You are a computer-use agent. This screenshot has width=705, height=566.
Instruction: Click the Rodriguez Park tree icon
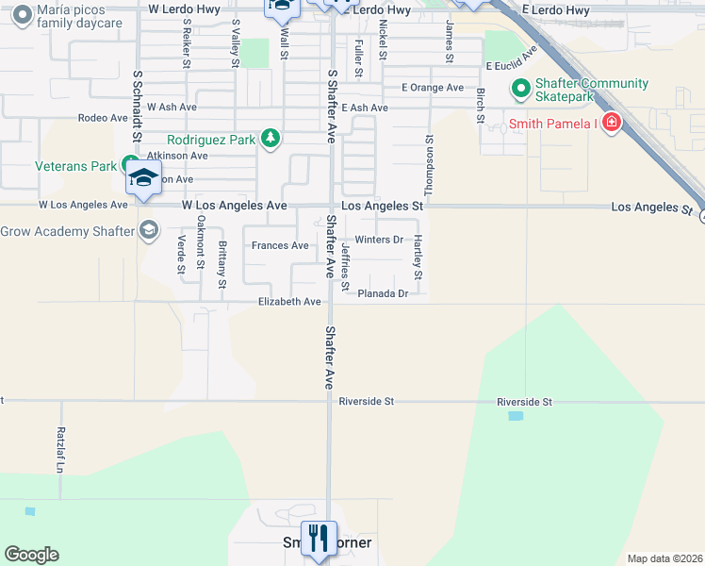pyautogui.click(x=271, y=140)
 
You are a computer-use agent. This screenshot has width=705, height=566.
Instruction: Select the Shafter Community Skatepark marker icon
pyautogui.click(x=519, y=91)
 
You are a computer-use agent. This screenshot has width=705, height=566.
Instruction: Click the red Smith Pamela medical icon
pyautogui.click(x=612, y=123)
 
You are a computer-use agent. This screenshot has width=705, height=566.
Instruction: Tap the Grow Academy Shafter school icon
pyautogui.click(x=148, y=231)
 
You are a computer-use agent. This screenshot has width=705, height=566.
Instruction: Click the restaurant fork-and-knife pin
pyautogui.click(x=319, y=539)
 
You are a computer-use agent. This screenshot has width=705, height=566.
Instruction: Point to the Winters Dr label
pyautogui.click(x=379, y=240)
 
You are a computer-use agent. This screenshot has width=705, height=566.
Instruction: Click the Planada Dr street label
pyautogui.click(x=383, y=293)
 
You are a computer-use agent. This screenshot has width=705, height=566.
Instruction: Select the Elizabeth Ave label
pyautogui.click(x=289, y=302)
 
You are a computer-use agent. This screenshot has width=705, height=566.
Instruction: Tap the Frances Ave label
pyautogui.click(x=280, y=246)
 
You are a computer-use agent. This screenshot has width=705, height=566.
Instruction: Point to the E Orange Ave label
pyautogui.click(x=433, y=88)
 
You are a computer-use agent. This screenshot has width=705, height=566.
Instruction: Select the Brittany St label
pyautogui.click(x=222, y=265)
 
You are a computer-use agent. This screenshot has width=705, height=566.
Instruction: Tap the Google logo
pyautogui.click(x=31, y=555)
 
